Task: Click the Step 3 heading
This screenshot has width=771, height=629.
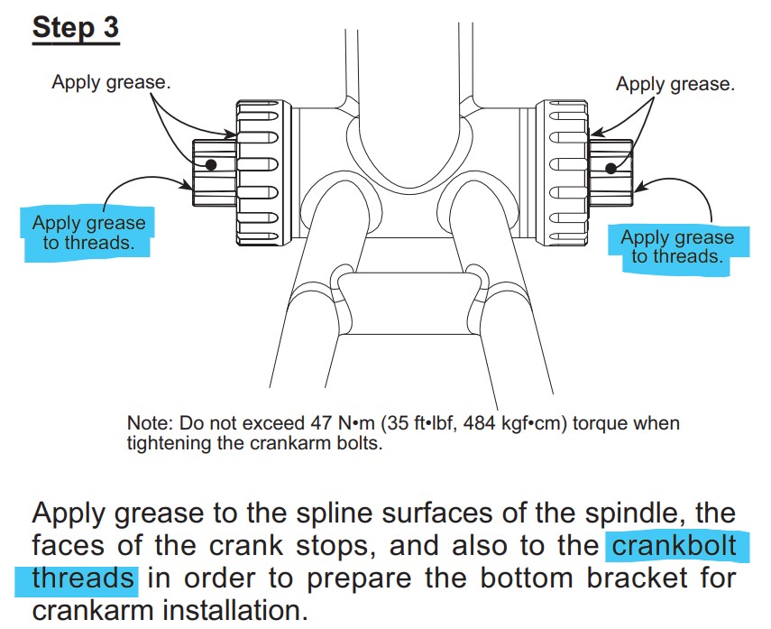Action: [76, 27]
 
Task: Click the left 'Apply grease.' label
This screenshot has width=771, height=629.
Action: [111, 82]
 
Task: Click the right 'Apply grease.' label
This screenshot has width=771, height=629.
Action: [675, 84]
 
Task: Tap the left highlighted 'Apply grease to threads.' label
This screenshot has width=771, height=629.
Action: [88, 232]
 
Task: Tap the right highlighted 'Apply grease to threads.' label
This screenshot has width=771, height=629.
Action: [677, 247]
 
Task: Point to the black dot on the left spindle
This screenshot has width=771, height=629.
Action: [211, 164]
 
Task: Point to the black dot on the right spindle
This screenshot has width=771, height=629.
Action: [610, 167]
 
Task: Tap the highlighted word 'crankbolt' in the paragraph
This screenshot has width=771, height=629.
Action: [672, 545]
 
